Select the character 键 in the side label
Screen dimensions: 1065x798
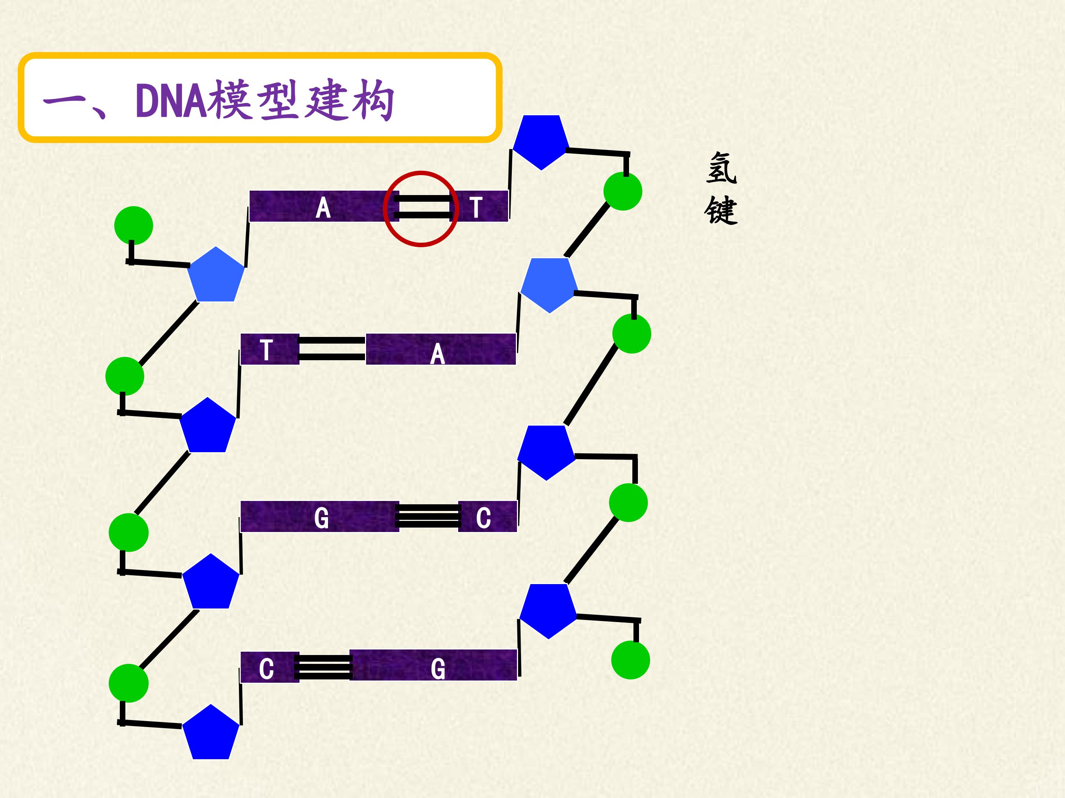coord(721,210)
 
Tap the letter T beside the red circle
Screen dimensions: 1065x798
coord(476,207)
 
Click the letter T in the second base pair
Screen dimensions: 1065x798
coord(266,350)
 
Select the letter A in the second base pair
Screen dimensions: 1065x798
coord(437,355)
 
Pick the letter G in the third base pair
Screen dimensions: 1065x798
coord(322,518)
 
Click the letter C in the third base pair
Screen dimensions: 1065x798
coord(483,518)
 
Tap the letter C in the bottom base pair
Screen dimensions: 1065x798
coord(266,669)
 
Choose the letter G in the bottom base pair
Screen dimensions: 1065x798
coord(438,669)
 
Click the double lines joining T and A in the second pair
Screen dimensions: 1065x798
coord(332,349)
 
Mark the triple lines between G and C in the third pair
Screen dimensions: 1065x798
coord(428,516)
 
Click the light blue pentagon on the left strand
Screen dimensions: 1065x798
coord(216,275)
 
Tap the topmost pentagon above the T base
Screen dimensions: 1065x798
coord(541,141)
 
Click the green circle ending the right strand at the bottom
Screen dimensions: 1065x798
coord(630,660)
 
